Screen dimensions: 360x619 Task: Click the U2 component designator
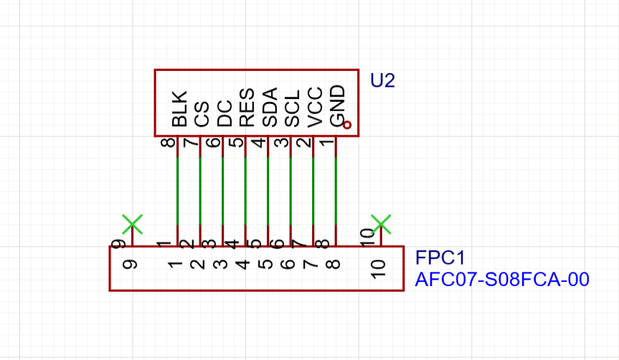pos(382,80)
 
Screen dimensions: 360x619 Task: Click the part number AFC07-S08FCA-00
pos(502,280)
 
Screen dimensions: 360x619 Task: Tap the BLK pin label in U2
pos(179,108)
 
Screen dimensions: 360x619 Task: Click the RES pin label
pos(246,108)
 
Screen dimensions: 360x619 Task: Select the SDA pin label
pos(269,108)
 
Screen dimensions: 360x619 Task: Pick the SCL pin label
pos(291,108)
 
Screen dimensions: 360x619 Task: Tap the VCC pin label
pos(314,108)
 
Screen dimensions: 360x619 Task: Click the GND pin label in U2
pos(336,106)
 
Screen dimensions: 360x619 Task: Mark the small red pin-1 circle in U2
pos(347,125)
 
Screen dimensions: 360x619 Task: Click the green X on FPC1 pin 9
pos(132,224)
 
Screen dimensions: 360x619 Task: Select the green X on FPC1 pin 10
pos(381,224)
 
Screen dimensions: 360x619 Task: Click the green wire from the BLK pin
pos(177,190)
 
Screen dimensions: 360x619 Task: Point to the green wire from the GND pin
pos(336,190)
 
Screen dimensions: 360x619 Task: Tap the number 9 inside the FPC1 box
pos(131,265)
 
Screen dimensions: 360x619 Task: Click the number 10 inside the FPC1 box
pos(379,267)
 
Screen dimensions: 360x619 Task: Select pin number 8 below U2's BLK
pos(170,143)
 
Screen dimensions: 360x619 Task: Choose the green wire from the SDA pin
pos(268,190)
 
